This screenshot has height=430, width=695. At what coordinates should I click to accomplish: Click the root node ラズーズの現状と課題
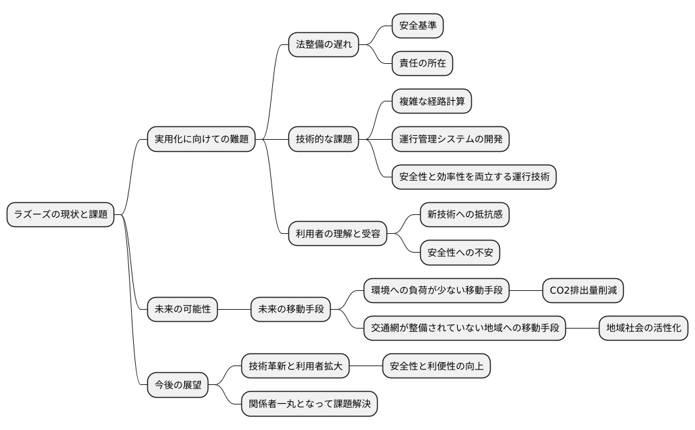[60, 215]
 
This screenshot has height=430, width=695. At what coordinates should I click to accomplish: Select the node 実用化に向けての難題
[201, 140]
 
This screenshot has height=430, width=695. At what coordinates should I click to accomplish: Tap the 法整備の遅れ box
[323, 45]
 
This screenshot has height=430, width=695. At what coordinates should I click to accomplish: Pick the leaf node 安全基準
[417, 26]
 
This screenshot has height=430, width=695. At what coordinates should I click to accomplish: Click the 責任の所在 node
[422, 64]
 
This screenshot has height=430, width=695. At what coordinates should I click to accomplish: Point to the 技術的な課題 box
[323, 140]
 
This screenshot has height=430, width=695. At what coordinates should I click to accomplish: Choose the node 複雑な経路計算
[432, 102]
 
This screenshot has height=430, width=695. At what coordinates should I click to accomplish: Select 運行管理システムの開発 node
[450, 140]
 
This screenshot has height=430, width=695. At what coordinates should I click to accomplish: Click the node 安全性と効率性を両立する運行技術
[474, 177]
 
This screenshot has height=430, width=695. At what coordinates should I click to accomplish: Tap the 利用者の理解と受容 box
[337, 234]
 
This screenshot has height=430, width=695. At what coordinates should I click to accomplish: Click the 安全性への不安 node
[460, 253]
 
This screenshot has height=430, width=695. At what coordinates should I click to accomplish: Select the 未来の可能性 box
[182, 310]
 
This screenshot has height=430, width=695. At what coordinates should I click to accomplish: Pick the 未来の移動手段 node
[290, 310]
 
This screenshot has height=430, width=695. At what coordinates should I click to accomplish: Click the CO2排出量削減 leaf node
[583, 291]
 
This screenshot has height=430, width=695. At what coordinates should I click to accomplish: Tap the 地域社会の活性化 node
[643, 329]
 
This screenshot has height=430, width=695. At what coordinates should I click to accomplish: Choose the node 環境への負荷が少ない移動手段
[436, 291]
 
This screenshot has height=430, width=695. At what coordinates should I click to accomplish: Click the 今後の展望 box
[177, 386]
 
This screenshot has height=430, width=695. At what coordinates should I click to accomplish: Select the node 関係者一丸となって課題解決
[309, 404]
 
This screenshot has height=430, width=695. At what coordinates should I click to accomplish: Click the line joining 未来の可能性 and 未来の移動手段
[234, 310]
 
